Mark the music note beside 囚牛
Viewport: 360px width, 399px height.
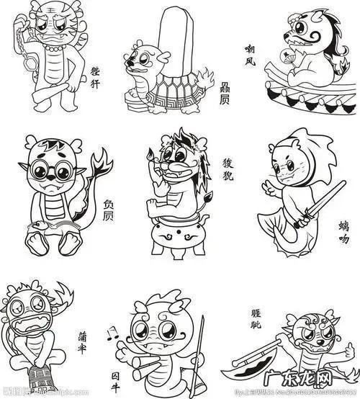pos(110,333)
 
